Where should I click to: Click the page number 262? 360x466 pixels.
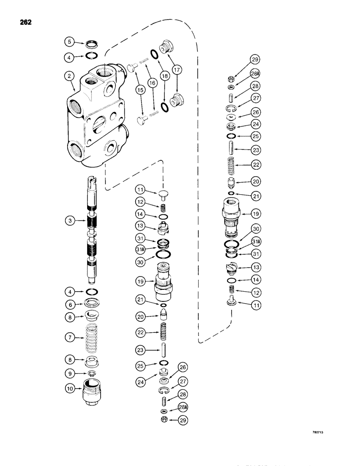(x=25, y=22)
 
